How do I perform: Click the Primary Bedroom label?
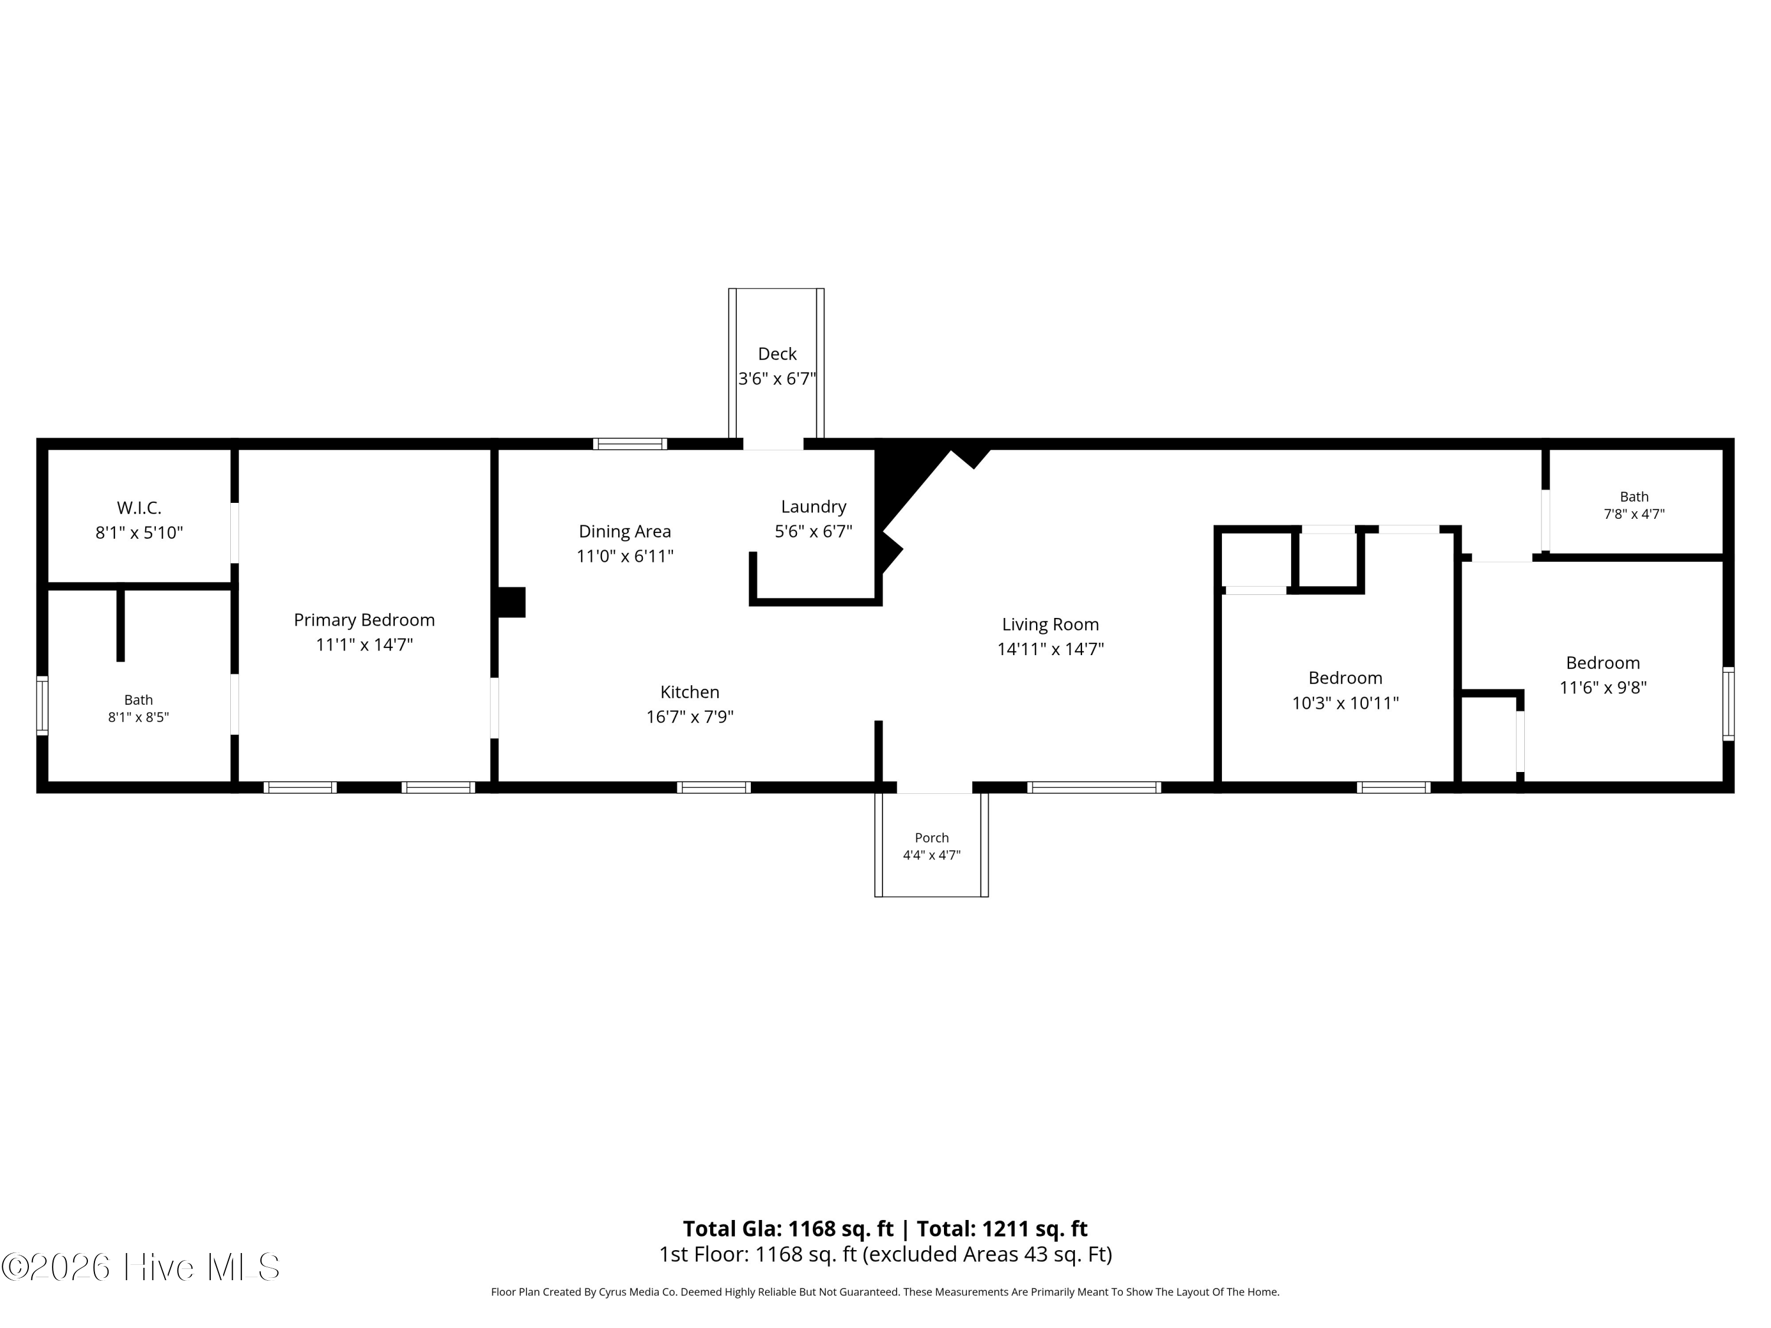(364, 620)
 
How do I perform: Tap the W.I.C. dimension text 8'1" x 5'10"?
(139, 532)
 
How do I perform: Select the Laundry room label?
(813, 506)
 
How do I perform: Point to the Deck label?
(777, 354)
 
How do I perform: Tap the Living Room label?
(1050, 624)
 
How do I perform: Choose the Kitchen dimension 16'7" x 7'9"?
(690, 717)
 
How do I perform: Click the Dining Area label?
(625, 532)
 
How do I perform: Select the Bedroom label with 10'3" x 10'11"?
(1345, 678)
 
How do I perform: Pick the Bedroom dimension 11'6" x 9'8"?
(1603, 687)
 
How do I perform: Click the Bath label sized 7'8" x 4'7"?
(1634, 497)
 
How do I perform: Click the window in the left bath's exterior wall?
(43, 705)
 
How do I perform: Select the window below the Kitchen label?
(713, 788)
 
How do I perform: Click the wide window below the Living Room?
(1094, 788)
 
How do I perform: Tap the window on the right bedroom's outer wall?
(1728, 704)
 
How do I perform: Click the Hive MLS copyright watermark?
(141, 1267)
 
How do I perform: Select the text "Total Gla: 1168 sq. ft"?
(788, 1229)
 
